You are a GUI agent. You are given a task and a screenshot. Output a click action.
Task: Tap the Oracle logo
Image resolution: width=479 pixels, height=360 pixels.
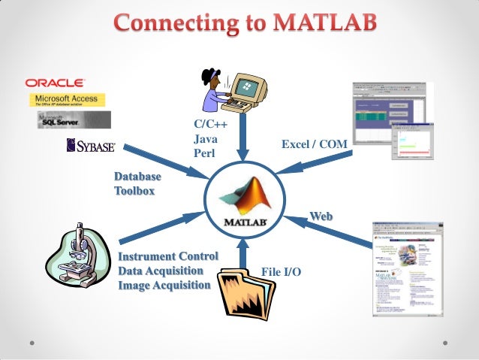point(56,82)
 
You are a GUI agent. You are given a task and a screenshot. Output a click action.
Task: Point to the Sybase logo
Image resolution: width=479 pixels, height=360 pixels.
point(90,144)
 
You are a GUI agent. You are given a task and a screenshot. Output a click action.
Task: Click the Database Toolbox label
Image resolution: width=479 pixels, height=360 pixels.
point(137,183)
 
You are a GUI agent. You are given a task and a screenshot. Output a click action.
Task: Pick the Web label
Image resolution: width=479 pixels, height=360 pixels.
point(321,216)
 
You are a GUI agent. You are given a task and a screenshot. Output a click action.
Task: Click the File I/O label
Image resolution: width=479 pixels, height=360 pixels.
point(281,271)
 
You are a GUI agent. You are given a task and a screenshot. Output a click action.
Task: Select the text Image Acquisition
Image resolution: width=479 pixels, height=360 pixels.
point(164,285)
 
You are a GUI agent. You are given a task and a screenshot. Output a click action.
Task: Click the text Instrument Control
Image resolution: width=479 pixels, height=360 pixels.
point(167,256)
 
